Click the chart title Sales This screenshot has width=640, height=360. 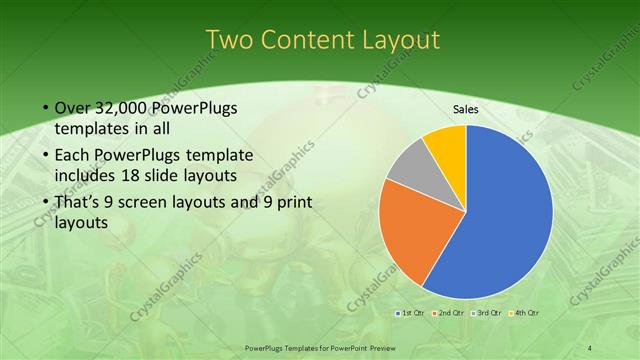[466, 109]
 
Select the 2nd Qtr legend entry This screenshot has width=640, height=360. [447, 313]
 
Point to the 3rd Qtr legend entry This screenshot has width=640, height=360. [487, 313]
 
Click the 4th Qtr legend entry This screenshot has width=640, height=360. [525, 313]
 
